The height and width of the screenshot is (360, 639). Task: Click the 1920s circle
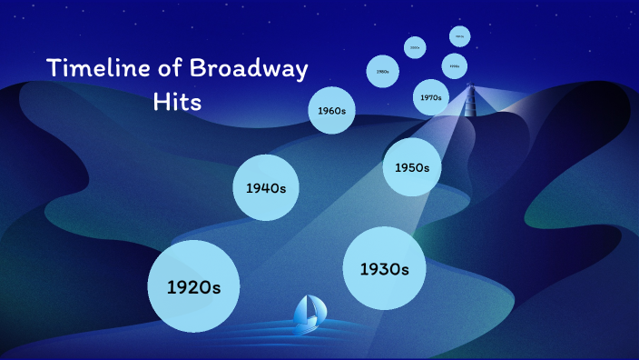[193, 285]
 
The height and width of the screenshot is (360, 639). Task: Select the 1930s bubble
[385, 268]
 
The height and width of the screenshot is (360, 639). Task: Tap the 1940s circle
[266, 187]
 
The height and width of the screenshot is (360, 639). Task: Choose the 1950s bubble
[411, 167]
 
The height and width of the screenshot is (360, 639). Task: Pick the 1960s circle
[331, 111]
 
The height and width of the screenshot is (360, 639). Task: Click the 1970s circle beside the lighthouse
[430, 96]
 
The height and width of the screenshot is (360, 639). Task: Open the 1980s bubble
[383, 71]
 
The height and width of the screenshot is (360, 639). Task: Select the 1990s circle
[455, 66]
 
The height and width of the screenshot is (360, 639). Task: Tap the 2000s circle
[415, 47]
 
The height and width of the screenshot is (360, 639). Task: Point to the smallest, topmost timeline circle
[460, 36]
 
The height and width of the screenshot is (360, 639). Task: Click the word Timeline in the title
[95, 69]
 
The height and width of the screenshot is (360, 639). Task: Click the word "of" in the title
[164, 69]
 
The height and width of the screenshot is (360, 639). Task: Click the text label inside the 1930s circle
[385, 269]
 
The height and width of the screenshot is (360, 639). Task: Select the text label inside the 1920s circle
[193, 286]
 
